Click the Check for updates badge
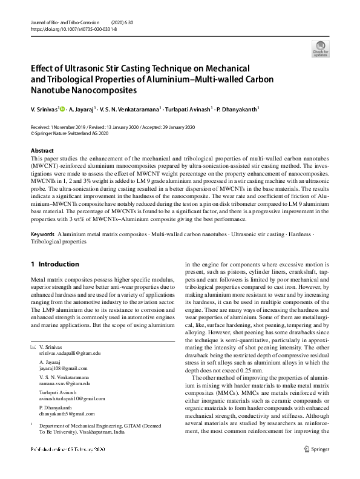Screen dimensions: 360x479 320,48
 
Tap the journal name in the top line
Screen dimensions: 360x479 62,22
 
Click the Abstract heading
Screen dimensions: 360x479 42,150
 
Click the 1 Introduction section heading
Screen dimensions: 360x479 54,264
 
